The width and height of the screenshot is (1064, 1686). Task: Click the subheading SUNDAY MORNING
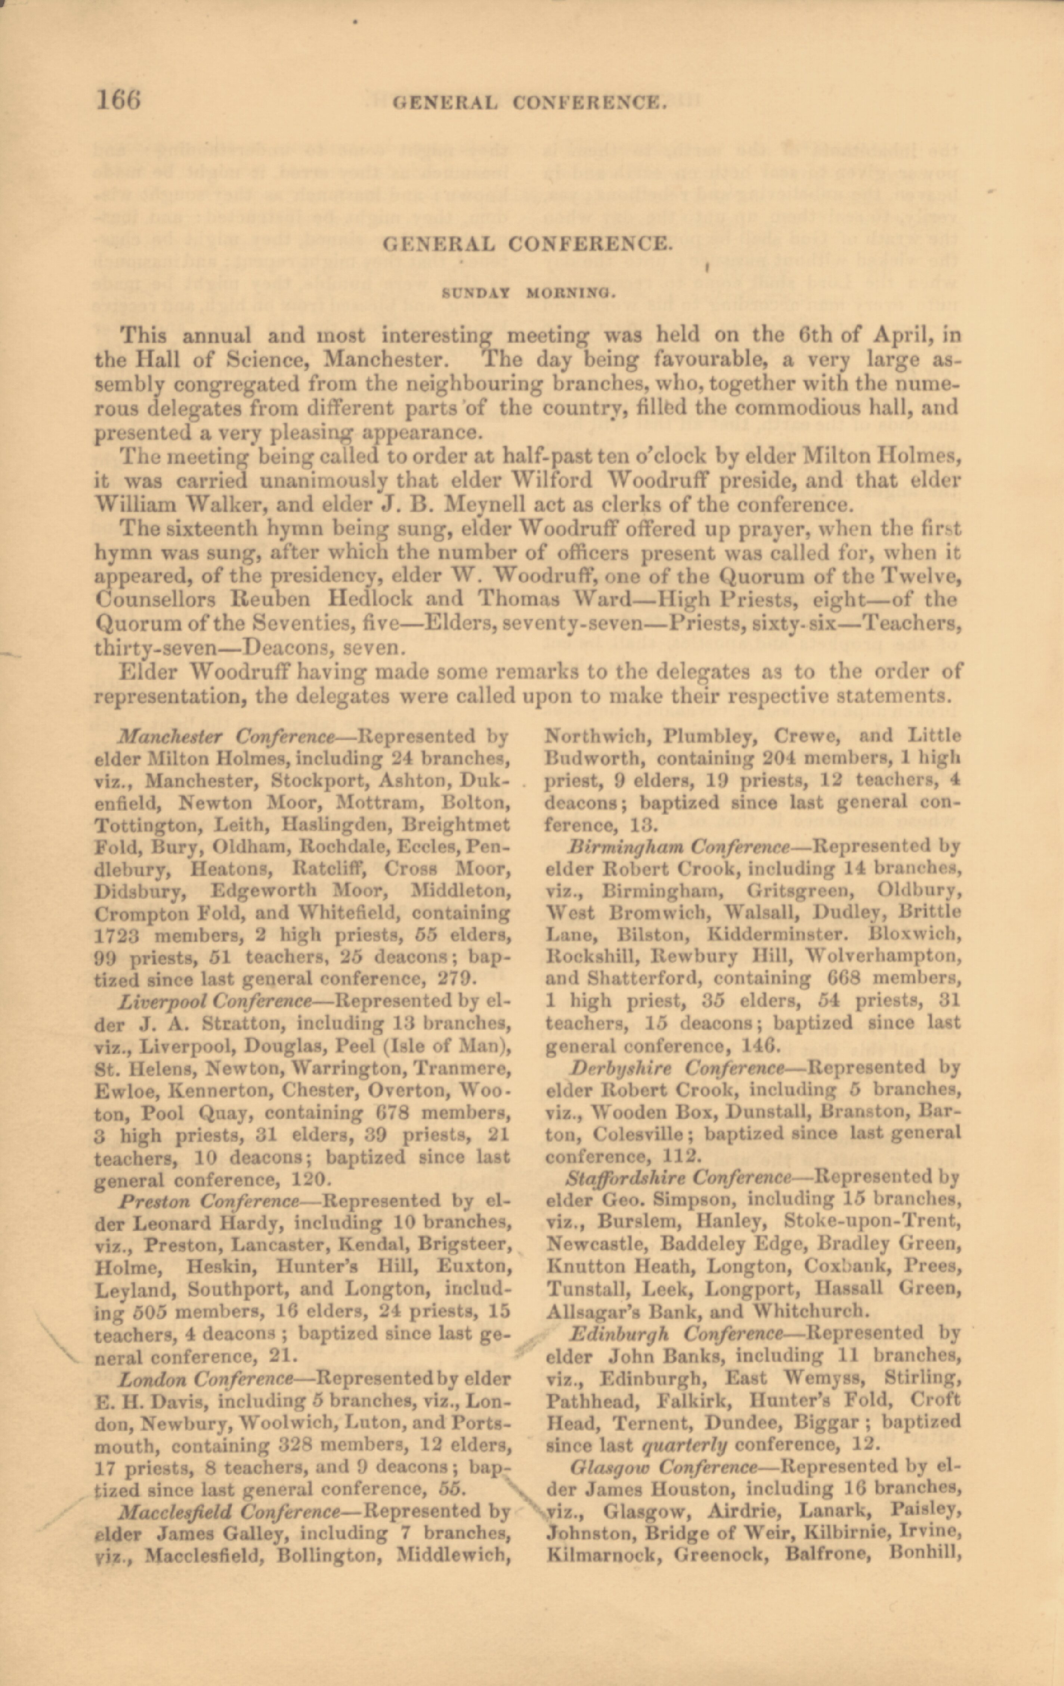[529, 293]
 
